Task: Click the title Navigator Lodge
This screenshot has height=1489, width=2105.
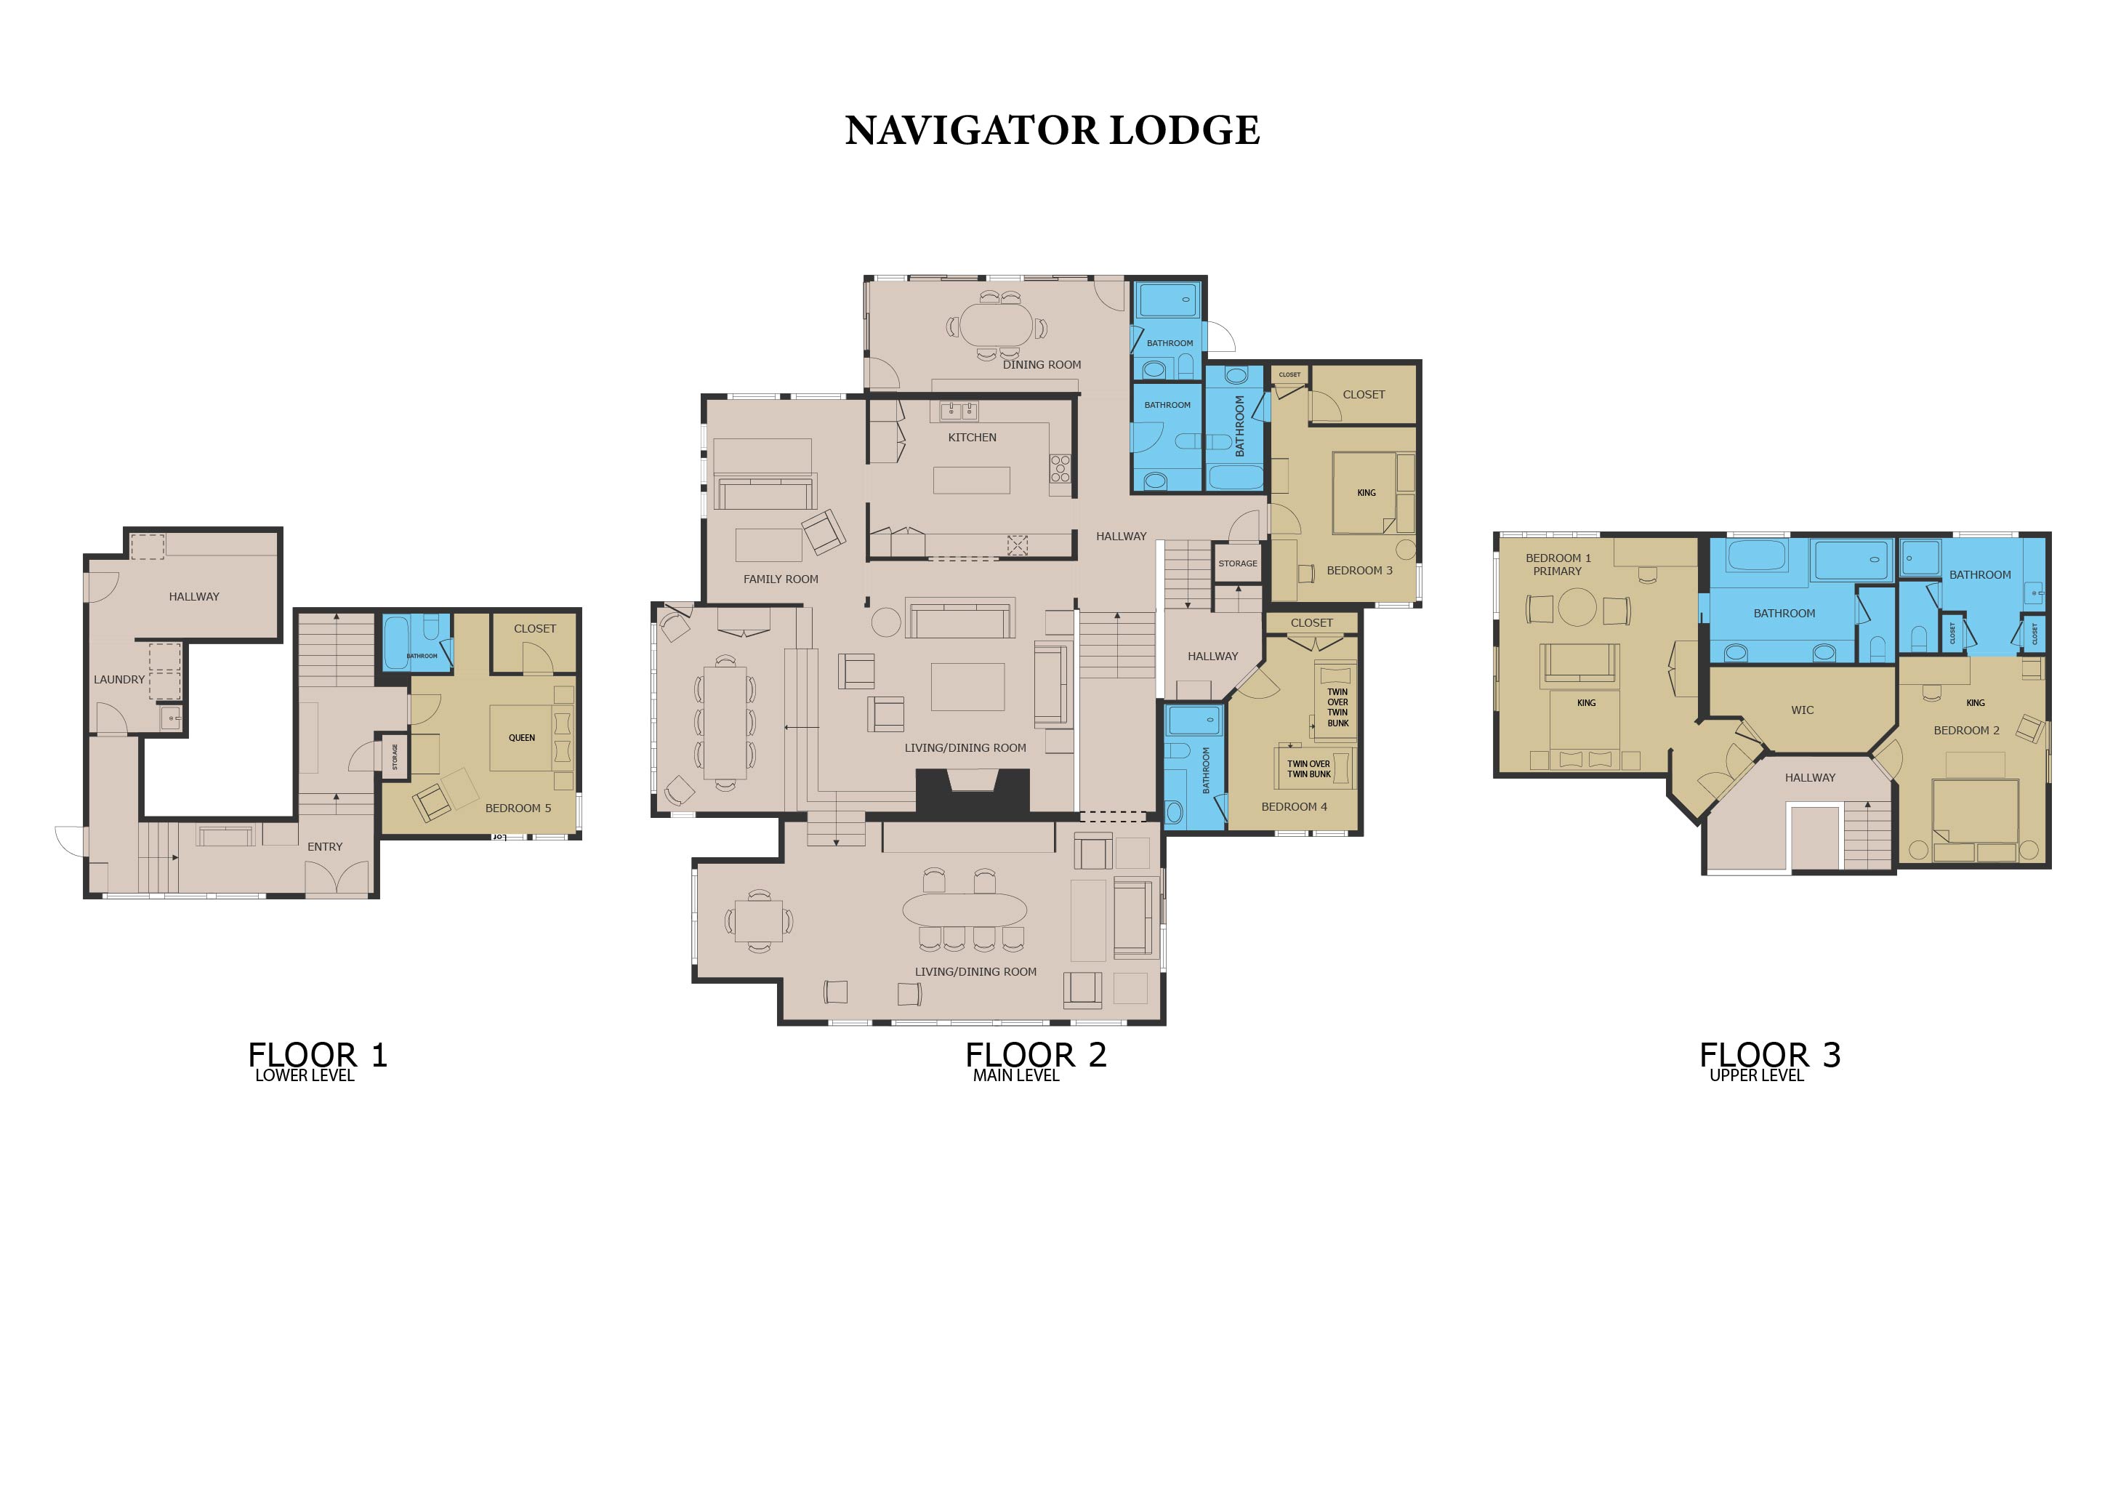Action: pyautogui.click(x=1052, y=130)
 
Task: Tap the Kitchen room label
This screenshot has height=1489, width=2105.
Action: pyautogui.click(x=972, y=438)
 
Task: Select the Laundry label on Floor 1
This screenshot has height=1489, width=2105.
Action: pyautogui.click(x=119, y=679)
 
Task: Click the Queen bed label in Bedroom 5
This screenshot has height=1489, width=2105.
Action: pyautogui.click(x=522, y=738)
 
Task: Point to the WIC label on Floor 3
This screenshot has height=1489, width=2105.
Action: pyautogui.click(x=1802, y=710)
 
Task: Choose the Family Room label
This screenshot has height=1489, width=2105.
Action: pyautogui.click(x=781, y=579)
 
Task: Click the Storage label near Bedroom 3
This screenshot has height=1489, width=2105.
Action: pyautogui.click(x=1238, y=563)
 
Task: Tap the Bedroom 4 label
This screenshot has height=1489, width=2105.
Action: pyautogui.click(x=1294, y=807)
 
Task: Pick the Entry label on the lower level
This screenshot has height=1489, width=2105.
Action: pyautogui.click(x=325, y=846)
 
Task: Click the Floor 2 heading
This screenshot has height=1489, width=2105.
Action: pyautogui.click(x=1036, y=1056)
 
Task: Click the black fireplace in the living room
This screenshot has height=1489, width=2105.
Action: pyautogui.click(x=973, y=790)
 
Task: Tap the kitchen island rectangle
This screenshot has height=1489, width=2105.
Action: pyautogui.click(x=972, y=481)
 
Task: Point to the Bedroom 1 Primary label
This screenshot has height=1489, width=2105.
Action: pyautogui.click(x=1558, y=564)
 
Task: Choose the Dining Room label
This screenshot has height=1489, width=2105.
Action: pyautogui.click(x=1042, y=365)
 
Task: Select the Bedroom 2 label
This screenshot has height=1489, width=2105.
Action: pyautogui.click(x=1967, y=731)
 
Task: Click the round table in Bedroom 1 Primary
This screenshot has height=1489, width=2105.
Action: pyautogui.click(x=1577, y=607)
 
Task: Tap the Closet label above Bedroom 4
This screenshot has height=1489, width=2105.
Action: pyautogui.click(x=1311, y=622)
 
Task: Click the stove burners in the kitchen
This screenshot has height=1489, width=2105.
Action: pyautogui.click(x=1060, y=468)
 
